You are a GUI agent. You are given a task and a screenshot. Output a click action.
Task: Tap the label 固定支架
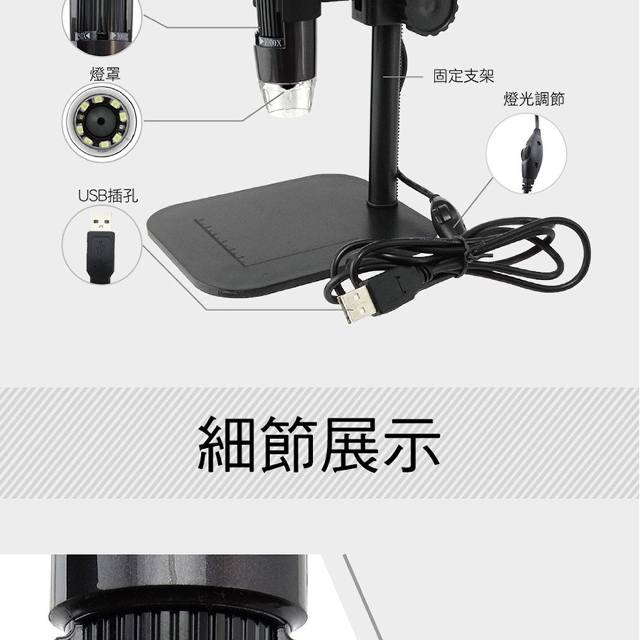[x=463, y=77]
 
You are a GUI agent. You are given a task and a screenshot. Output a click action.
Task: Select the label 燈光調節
[x=534, y=99]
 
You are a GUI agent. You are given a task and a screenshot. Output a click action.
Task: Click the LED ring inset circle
[x=101, y=121]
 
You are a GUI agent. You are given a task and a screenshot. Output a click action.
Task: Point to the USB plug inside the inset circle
[x=101, y=246]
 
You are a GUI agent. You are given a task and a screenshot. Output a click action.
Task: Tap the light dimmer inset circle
[x=526, y=154]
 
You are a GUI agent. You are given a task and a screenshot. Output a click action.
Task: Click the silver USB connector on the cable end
[x=356, y=303]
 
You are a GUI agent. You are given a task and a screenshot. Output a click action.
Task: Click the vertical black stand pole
[x=383, y=115]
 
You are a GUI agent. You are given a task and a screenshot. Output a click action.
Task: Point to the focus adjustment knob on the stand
[x=435, y=16]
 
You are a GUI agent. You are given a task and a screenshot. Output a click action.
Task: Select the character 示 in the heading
[x=412, y=444]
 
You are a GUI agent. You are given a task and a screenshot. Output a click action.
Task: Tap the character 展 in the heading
[x=350, y=444]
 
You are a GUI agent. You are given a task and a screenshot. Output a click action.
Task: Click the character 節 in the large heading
[x=289, y=444]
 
